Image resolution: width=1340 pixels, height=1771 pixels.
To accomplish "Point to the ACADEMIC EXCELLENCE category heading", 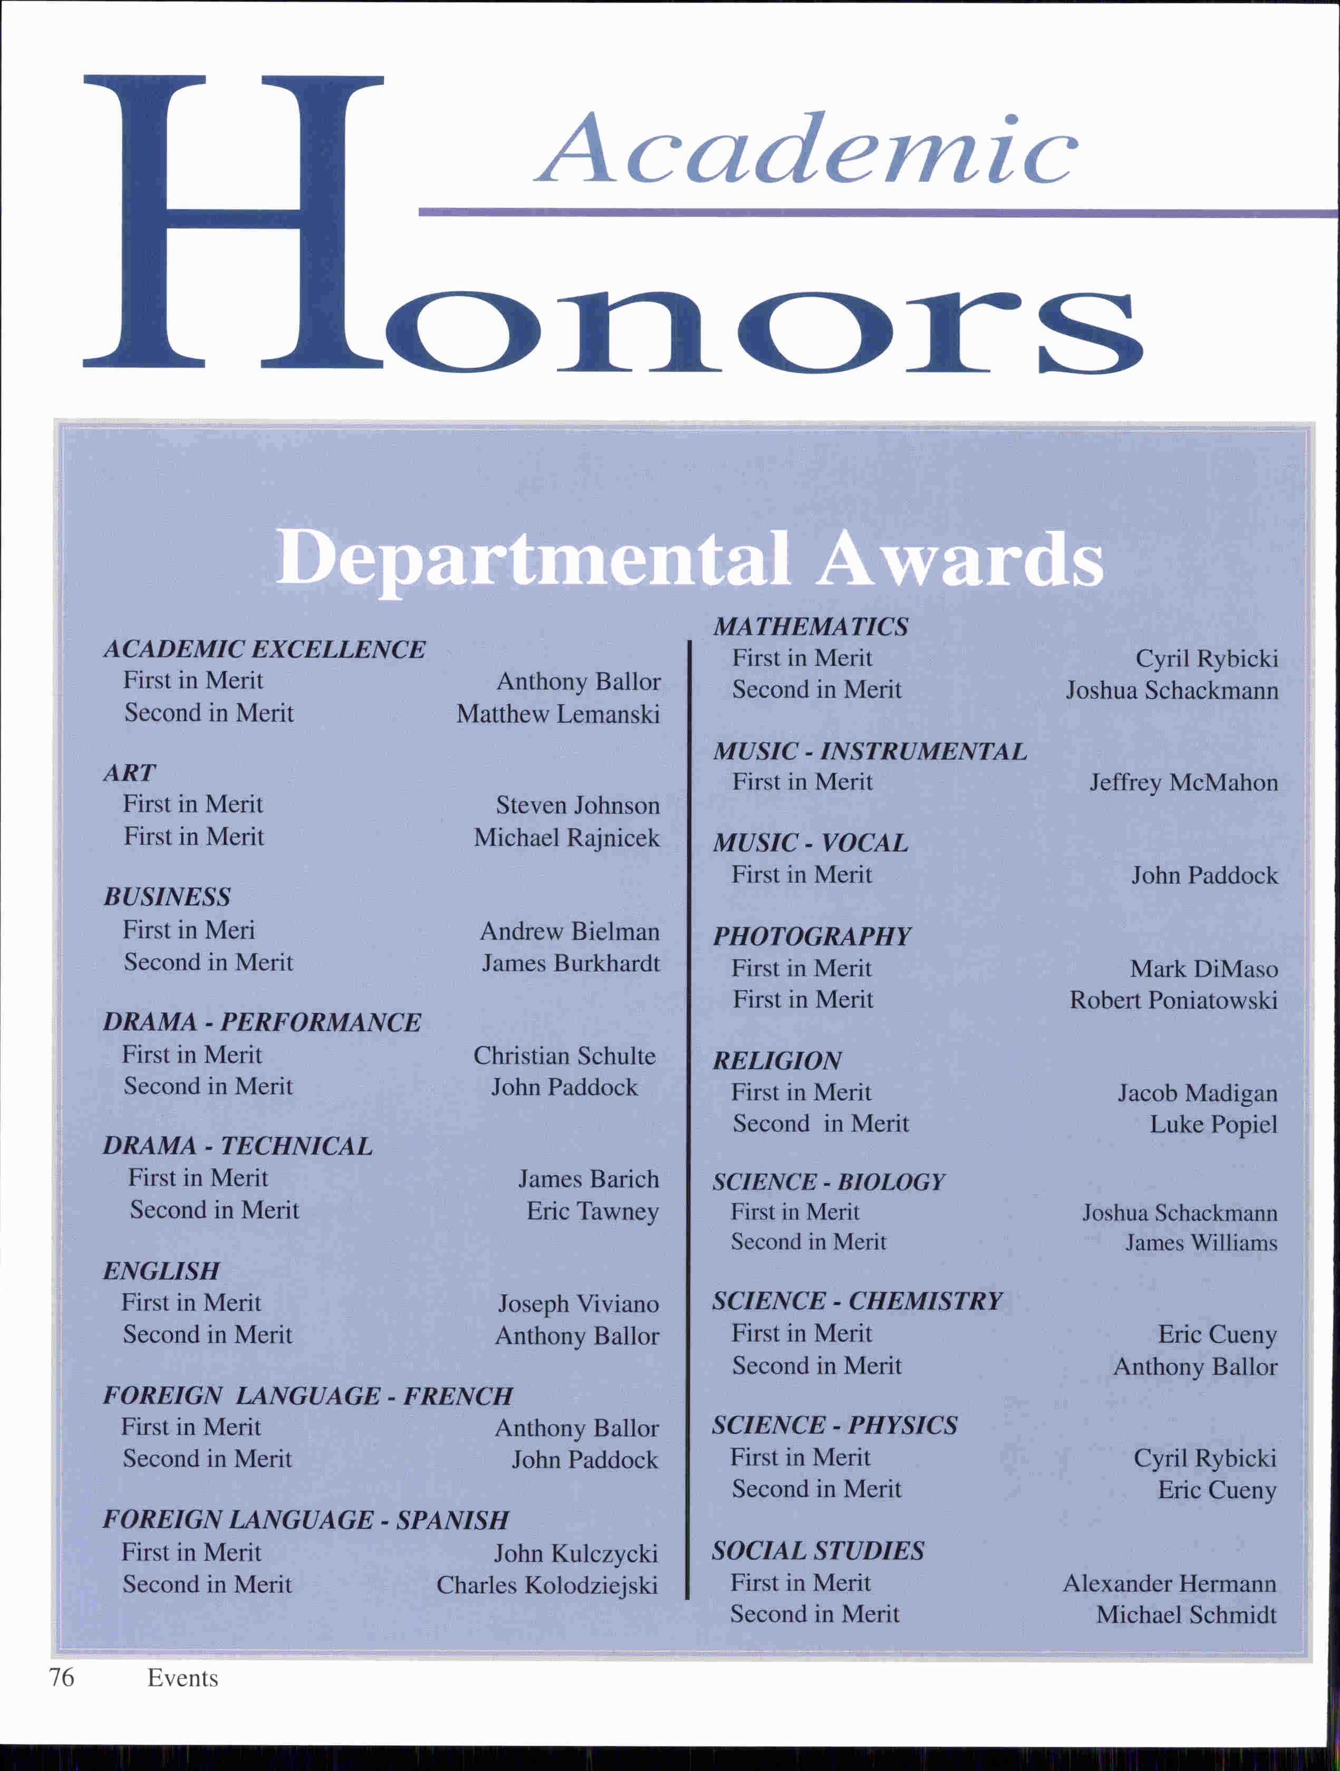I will (264, 649).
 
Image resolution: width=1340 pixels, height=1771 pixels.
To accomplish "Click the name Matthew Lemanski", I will (558, 713).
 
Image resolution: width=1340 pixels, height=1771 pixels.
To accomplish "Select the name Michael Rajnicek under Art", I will (567, 837).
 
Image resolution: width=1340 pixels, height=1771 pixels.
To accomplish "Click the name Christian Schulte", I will (565, 1055).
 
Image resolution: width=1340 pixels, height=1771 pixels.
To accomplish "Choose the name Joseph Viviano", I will (579, 1303).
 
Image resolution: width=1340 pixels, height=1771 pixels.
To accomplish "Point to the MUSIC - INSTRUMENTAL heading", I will (870, 751).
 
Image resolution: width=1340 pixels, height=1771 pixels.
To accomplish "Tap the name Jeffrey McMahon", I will (1183, 782).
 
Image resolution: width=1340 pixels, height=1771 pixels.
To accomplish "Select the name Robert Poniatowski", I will (1173, 1000).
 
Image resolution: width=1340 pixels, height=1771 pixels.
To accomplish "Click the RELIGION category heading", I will (777, 1061).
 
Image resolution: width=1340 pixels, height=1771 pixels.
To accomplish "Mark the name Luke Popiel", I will (1213, 1124).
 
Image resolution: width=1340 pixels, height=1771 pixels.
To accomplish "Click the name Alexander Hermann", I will (1169, 1583).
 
